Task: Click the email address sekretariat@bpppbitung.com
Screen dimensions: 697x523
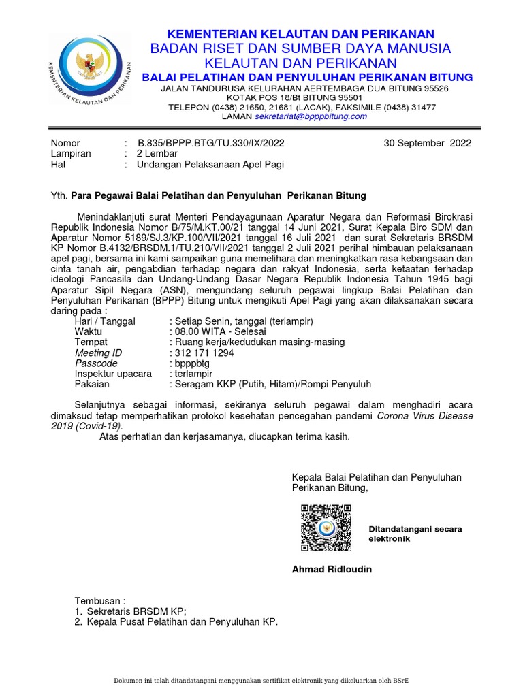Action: (x=311, y=116)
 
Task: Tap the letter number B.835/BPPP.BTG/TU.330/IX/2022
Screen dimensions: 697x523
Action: (x=211, y=143)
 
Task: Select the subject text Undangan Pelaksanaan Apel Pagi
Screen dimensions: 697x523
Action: (x=210, y=164)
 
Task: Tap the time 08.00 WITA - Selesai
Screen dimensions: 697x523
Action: (x=215, y=331)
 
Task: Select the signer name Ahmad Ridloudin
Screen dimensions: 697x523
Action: (x=332, y=569)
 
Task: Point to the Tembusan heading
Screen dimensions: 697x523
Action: (x=100, y=601)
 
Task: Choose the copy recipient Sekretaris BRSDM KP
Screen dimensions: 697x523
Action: (x=136, y=612)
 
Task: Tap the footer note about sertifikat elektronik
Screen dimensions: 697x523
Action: (x=261, y=681)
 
